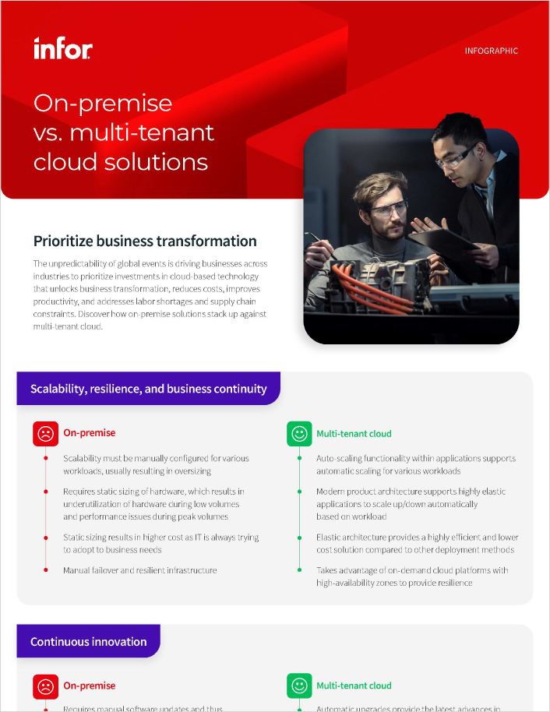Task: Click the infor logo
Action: (63, 49)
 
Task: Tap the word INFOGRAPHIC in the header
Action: (491, 51)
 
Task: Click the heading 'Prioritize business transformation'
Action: (145, 241)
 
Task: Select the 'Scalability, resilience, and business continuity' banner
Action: (148, 389)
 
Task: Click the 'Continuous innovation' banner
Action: (88, 642)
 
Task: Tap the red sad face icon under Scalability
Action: (45, 434)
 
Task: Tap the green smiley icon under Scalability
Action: (298, 434)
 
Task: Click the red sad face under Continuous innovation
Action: (45, 686)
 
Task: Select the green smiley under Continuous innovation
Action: (298, 686)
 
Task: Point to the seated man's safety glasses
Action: (387, 209)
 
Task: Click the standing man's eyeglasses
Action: (456, 158)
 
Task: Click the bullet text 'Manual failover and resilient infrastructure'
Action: (140, 570)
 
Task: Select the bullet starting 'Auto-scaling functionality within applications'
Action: (416, 464)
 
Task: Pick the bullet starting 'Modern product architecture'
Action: (411, 504)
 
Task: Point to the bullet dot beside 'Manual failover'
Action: (45, 570)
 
